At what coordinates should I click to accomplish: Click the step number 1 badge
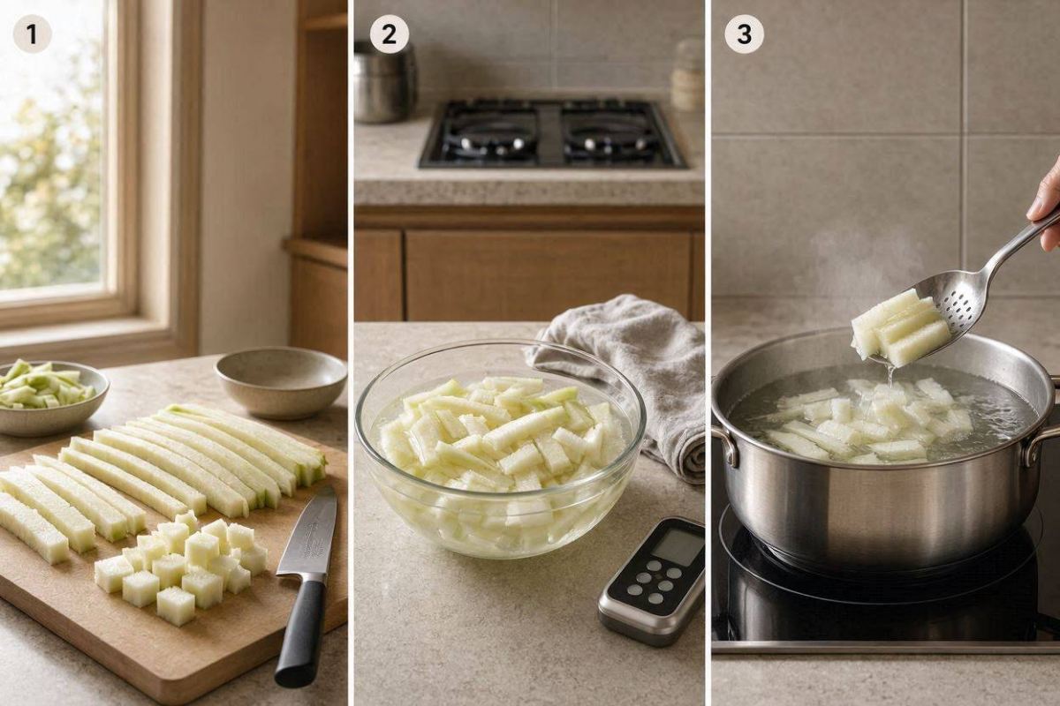pyautogui.click(x=32, y=34)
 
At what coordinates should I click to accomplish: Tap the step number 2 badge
pyautogui.click(x=389, y=34)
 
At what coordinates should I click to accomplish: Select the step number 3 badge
pyautogui.click(x=744, y=34)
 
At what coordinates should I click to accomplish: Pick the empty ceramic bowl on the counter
pyautogui.click(x=281, y=381)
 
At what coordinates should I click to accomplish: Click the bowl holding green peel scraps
pyautogui.click(x=48, y=397)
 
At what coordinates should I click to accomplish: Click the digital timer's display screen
pyautogui.click(x=678, y=547)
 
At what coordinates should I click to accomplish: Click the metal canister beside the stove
pyautogui.click(x=384, y=83)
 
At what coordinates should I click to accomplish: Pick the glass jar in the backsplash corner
pyautogui.click(x=687, y=76)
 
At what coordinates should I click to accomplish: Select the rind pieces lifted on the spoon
pyautogui.click(x=900, y=328)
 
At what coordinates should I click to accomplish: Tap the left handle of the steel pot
pyautogui.click(x=725, y=442)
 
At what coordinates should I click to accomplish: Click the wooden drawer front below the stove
pyautogui.click(x=548, y=276)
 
